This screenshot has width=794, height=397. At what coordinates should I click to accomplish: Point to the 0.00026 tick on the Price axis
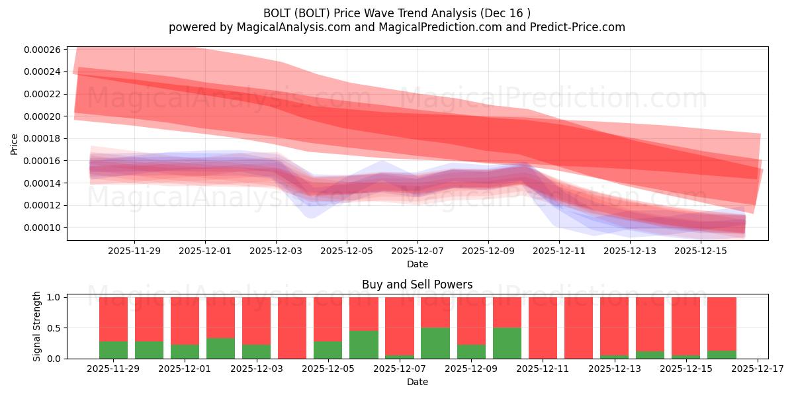click(42, 50)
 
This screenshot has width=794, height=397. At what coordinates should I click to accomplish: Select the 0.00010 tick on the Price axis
click(42, 228)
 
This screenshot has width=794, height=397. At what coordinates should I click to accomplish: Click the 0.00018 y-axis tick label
click(42, 138)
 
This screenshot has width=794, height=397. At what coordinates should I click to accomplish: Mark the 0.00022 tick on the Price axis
click(42, 94)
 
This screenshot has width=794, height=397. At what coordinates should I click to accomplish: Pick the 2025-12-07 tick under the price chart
click(417, 251)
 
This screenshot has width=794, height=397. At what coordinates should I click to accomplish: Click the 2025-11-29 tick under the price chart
click(134, 251)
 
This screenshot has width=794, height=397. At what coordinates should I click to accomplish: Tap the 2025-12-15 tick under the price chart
click(701, 251)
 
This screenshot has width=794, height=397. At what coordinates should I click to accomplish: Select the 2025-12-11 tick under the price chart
click(559, 251)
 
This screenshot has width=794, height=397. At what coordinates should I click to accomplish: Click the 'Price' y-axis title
click(15, 144)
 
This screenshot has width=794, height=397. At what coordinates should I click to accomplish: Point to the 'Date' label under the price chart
click(417, 264)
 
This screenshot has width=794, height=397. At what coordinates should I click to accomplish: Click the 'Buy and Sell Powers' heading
click(417, 285)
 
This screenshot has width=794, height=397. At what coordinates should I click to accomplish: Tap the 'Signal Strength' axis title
click(37, 326)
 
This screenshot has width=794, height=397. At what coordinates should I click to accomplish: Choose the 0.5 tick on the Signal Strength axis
click(54, 328)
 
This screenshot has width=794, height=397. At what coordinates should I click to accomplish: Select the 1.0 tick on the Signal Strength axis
click(54, 297)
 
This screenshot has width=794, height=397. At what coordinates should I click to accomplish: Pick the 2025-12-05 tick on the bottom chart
click(328, 369)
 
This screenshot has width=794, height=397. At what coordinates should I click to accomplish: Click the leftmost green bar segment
click(113, 350)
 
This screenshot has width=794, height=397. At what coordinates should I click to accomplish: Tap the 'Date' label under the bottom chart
click(417, 382)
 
